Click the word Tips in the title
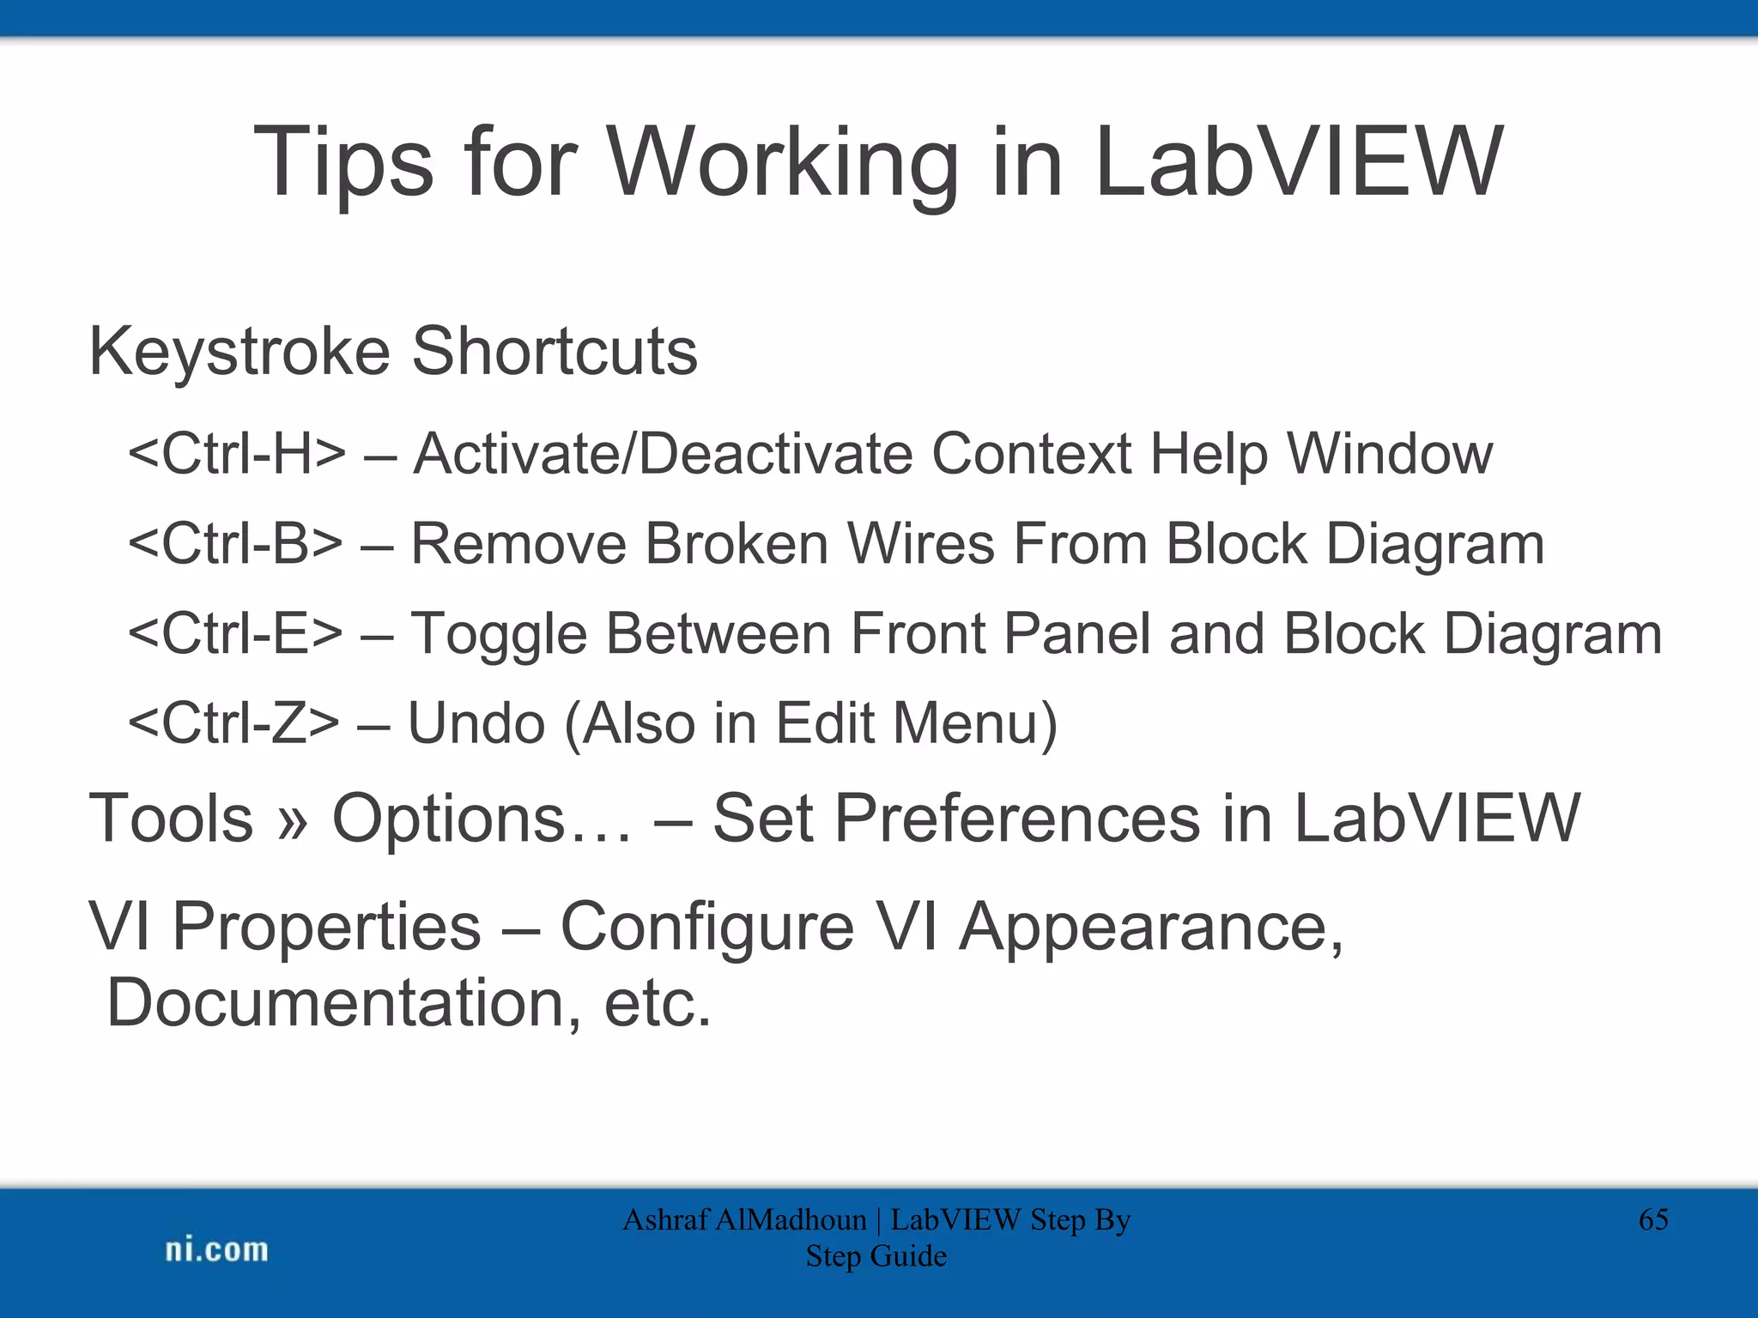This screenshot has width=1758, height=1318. pos(343,163)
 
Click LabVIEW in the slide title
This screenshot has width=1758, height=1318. pos(1298,163)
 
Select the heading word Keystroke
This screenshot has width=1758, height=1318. pos(239,352)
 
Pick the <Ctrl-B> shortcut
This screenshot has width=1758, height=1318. pos(235,544)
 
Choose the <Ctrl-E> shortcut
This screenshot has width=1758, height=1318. pos(235,633)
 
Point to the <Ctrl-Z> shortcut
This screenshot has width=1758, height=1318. pos(233,722)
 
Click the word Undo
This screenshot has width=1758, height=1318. pos(476,722)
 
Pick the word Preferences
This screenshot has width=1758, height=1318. pos(1016,819)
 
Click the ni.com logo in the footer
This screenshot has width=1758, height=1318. pos(216,1250)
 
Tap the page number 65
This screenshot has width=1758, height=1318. pos(1653,1219)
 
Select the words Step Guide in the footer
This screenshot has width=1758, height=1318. pos(876,1256)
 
